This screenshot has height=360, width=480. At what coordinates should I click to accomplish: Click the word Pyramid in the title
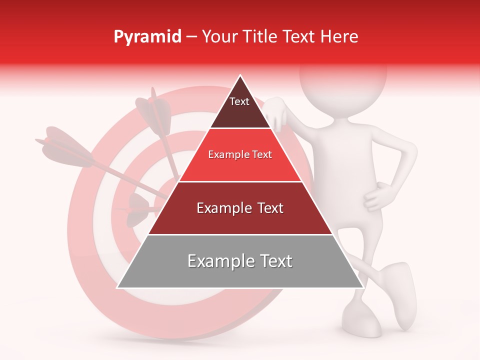click(x=147, y=37)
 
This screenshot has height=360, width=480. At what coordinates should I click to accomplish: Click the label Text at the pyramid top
click(x=239, y=101)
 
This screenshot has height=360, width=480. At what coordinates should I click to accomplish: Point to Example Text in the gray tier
click(x=240, y=261)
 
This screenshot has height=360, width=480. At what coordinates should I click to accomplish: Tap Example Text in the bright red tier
click(x=240, y=154)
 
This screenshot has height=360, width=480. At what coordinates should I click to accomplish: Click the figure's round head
click(x=343, y=75)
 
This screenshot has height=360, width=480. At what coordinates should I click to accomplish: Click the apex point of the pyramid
click(x=240, y=75)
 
